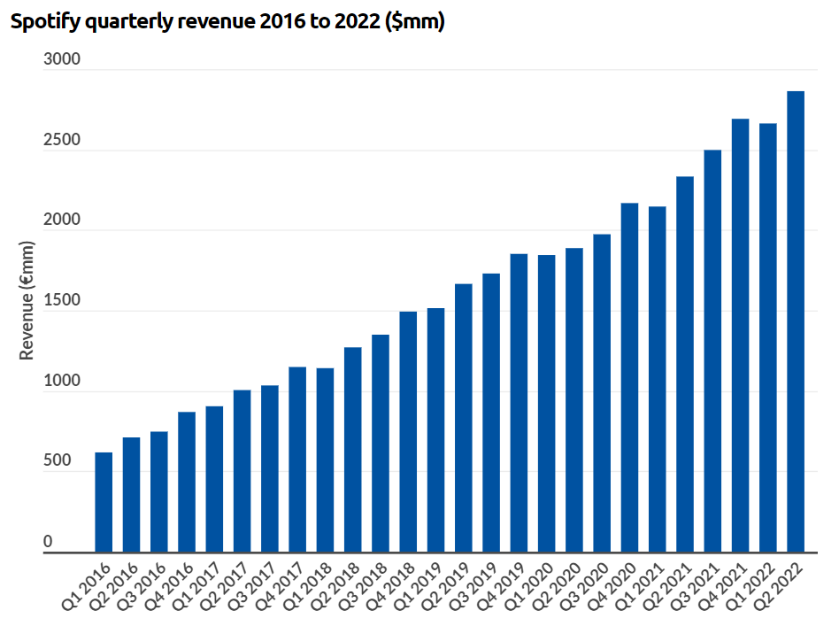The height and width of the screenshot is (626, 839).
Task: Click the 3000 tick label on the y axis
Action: (x=62, y=60)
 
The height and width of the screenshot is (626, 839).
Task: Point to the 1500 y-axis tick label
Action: (x=62, y=301)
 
